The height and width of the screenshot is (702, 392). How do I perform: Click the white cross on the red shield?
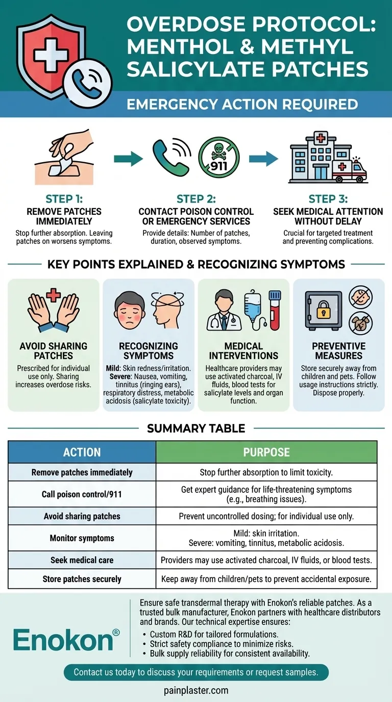pos(51,54)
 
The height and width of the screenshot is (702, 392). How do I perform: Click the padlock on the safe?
pos(323,311)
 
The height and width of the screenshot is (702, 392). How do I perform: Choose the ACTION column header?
pos(82,452)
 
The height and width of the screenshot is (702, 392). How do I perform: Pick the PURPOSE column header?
pos(266,452)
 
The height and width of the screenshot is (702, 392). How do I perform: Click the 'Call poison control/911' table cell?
pos(82,494)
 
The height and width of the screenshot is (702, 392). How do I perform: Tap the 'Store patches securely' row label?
pos(82,579)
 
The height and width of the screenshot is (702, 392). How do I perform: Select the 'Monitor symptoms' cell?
pos(82,538)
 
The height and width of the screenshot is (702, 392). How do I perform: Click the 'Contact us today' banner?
pos(196,672)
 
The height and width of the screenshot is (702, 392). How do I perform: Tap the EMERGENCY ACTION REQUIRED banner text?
pos(242,105)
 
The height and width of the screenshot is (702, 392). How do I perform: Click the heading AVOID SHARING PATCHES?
pos(54,351)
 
